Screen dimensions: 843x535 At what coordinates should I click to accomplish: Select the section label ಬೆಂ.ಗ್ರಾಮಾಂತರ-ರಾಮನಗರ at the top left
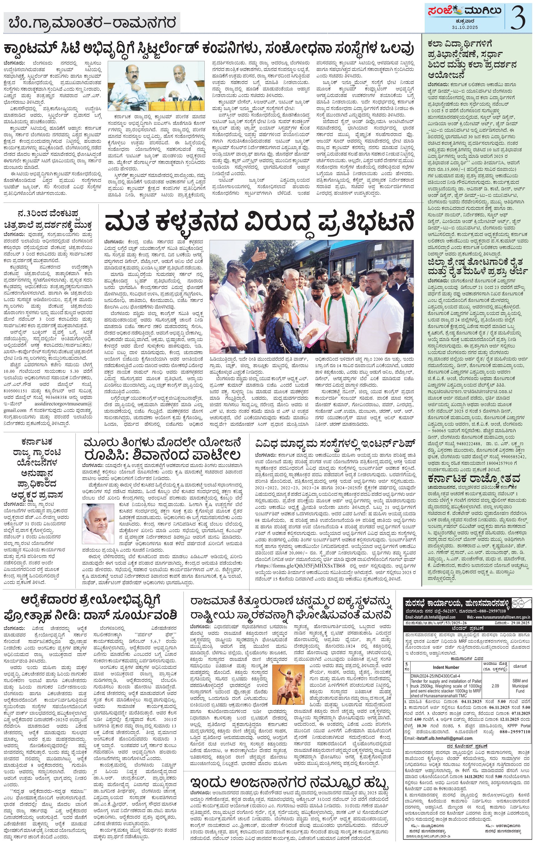point(92,23)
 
